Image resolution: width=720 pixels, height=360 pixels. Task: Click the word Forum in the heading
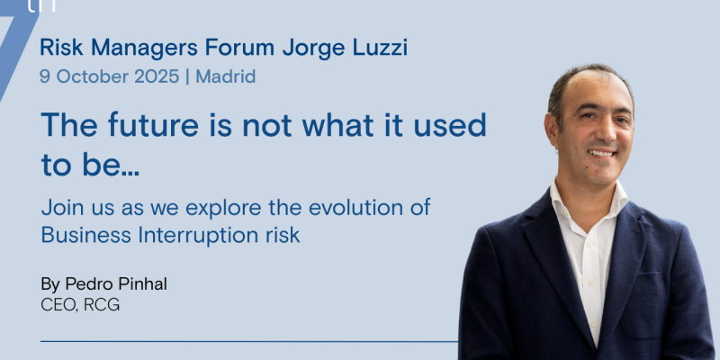point(239,48)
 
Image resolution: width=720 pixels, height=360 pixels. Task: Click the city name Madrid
point(226,76)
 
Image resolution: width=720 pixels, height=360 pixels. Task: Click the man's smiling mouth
point(601,153)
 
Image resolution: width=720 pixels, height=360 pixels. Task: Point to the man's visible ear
point(552,130)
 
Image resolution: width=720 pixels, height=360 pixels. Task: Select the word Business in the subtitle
point(86,236)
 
